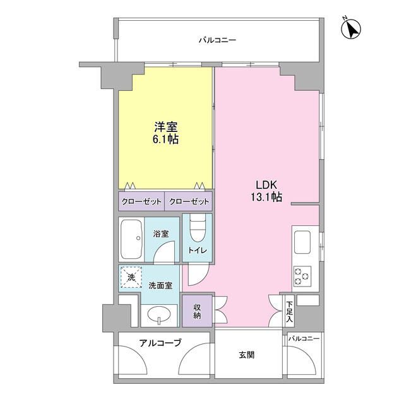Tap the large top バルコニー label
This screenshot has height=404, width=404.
[x=217, y=40]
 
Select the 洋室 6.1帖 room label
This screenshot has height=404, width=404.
[x=164, y=133]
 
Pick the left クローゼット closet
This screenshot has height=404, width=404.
[x=141, y=201]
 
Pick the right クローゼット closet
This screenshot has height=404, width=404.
[x=188, y=201]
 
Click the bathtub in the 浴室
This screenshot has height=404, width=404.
[x=131, y=239]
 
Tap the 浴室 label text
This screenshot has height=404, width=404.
[x=161, y=234]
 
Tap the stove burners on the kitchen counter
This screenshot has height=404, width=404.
[x=301, y=275]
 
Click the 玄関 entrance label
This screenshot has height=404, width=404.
[x=247, y=355]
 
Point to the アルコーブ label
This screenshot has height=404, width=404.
[x=161, y=343]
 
